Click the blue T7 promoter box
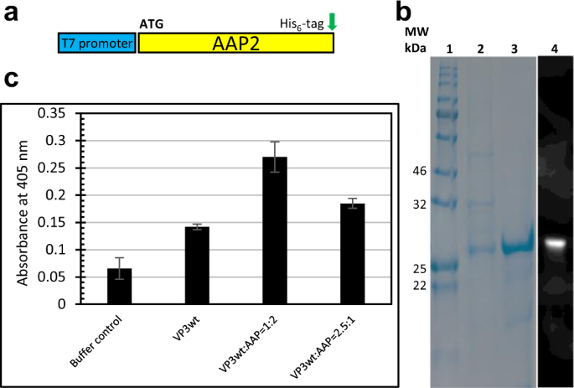96,43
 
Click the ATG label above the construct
152,25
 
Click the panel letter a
12,14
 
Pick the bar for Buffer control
120,287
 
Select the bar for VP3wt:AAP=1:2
275,230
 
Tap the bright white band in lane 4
556,244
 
